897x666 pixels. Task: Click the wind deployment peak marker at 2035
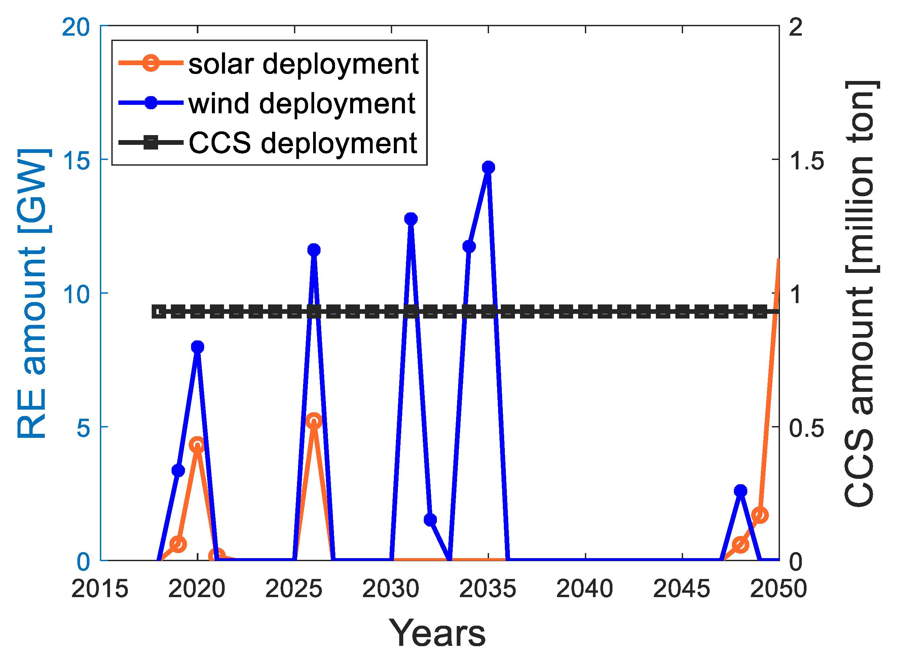(x=488, y=167)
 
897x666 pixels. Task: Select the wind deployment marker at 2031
(x=411, y=218)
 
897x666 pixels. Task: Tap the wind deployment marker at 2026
(x=313, y=250)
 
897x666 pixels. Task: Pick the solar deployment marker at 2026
(x=313, y=421)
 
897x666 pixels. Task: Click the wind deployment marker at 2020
(x=197, y=347)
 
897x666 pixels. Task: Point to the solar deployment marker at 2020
(x=197, y=445)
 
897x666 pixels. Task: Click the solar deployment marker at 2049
(x=760, y=515)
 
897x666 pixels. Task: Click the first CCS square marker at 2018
(x=158, y=311)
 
